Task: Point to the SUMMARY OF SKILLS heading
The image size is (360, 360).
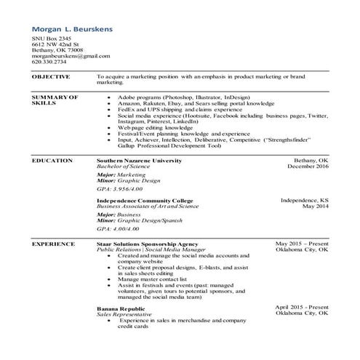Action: (55, 100)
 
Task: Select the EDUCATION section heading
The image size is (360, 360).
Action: (52, 160)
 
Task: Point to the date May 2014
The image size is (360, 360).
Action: (316, 206)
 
